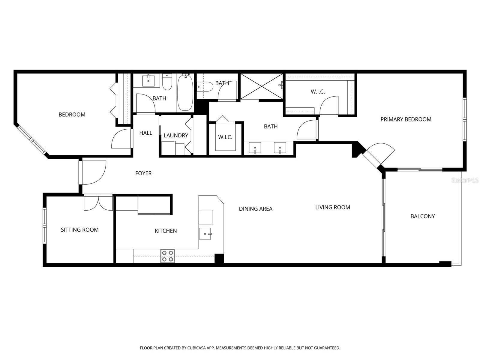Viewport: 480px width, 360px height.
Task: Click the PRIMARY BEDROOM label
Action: [406, 119]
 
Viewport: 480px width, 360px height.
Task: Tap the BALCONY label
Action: [422, 216]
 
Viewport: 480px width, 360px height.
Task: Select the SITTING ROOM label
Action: [79, 230]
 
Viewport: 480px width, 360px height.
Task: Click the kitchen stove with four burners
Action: [168, 256]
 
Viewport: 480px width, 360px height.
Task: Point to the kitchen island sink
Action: [206, 234]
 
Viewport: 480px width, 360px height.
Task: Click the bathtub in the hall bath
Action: [185, 93]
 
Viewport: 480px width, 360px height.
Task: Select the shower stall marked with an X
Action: [262, 86]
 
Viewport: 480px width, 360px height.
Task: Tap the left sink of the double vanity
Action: [255, 148]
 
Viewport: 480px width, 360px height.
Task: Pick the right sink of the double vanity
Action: [280, 148]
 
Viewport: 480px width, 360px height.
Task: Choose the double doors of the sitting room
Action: [98, 203]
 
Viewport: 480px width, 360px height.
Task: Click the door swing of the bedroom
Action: [121, 139]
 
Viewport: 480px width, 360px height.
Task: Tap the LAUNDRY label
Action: [176, 136]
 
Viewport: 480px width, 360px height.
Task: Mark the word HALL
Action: [146, 133]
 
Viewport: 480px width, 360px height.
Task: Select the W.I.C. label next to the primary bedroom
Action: [318, 92]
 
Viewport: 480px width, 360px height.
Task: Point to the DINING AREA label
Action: [256, 209]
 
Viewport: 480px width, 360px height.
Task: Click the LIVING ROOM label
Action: [332, 207]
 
